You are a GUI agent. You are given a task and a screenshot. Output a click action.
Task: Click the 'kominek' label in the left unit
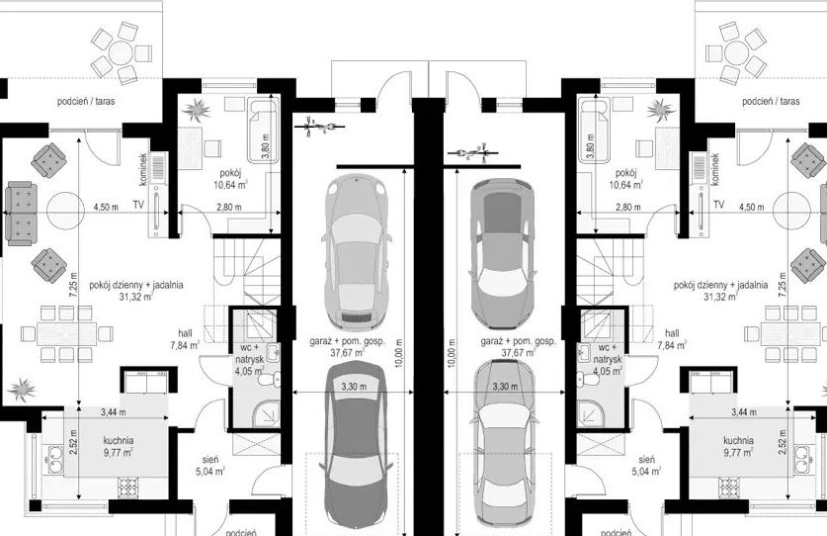142,169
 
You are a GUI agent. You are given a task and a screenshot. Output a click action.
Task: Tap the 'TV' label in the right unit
718,205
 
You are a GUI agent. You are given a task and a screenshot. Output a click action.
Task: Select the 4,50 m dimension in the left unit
106,207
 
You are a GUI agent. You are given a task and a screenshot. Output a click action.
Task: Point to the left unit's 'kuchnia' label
119,440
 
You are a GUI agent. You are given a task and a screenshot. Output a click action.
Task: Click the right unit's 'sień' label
646,460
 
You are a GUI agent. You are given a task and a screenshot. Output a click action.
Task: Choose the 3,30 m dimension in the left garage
354,387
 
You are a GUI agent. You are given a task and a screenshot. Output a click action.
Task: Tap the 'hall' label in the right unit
672,333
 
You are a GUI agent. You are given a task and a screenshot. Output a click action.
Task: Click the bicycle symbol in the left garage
319,127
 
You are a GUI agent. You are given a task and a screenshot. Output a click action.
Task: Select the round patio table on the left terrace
122,52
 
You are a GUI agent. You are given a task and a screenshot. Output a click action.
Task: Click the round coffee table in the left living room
65,211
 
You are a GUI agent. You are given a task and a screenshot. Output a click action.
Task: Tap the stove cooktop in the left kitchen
128,488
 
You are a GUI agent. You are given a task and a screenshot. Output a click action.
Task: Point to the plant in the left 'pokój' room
197,111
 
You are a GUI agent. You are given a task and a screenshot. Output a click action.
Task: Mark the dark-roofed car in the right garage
502,253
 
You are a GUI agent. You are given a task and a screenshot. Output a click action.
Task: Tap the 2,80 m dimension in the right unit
627,207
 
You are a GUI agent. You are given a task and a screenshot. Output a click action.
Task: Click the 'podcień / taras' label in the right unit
771,101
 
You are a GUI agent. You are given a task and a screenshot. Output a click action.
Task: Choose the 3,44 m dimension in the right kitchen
744,411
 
